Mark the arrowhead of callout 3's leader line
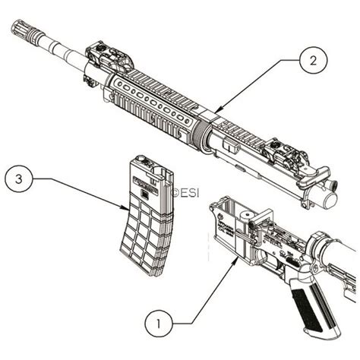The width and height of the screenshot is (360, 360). (x=130, y=208)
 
